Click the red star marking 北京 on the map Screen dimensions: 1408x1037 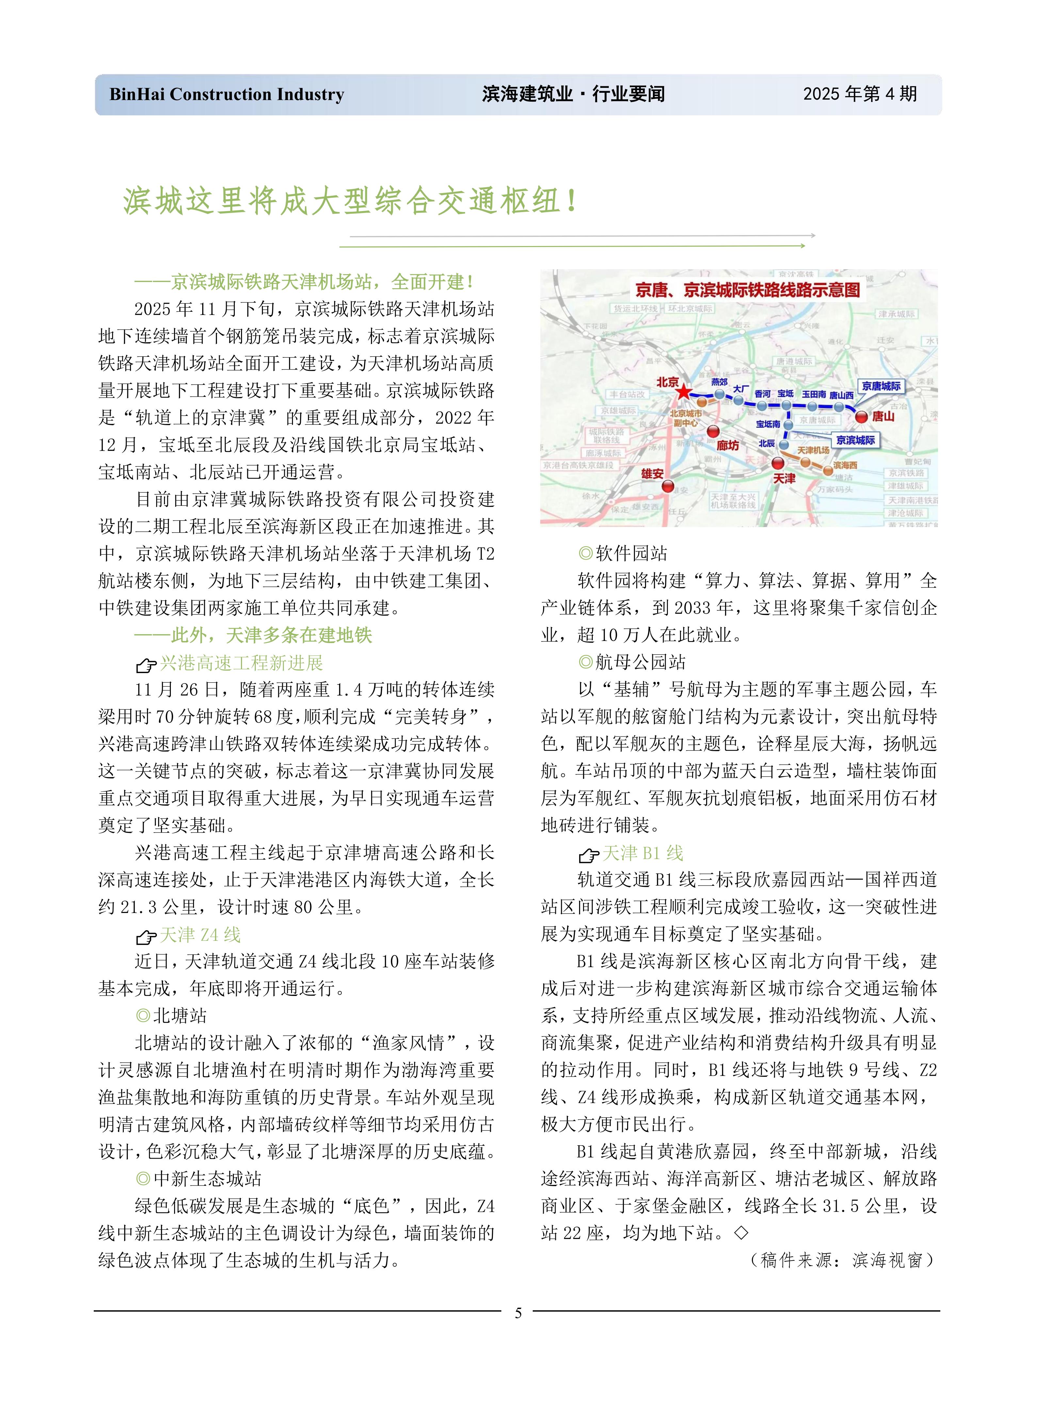click(682, 392)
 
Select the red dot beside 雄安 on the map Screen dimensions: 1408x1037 click(668, 486)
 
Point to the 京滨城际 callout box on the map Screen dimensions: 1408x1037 click(855, 440)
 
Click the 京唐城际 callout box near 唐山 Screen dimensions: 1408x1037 click(881, 386)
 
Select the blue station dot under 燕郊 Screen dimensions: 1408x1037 click(720, 394)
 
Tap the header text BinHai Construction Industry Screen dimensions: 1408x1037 click(227, 95)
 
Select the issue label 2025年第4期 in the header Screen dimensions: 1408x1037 click(860, 95)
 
